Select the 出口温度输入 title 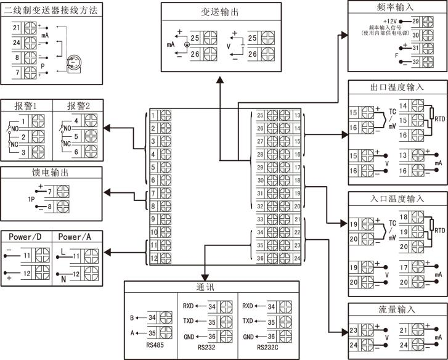click(x=397, y=87)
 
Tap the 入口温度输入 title click(x=397, y=198)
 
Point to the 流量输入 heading click(x=397, y=309)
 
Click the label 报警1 click(x=26, y=105)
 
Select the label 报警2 click(x=78, y=105)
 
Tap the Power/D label click(x=26, y=237)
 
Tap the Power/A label click(x=78, y=237)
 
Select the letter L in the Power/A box click(x=63, y=252)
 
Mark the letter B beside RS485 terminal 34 click(x=132, y=318)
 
